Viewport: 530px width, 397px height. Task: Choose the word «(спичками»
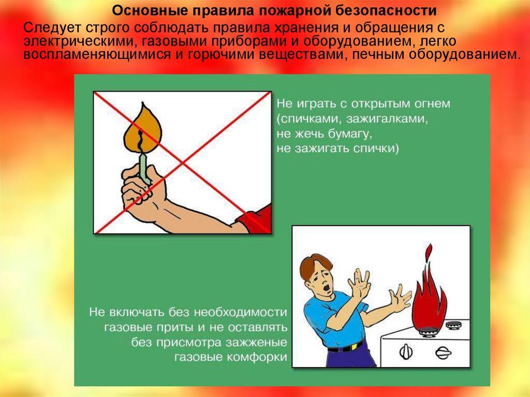click(x=310, y=120)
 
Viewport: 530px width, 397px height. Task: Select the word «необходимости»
click(x=241, y=312)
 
